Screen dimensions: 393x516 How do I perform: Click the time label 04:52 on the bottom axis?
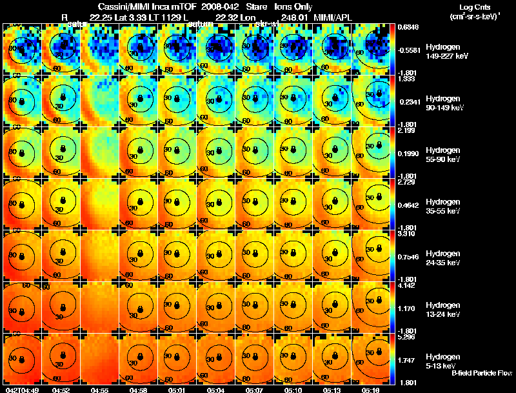(61, 390)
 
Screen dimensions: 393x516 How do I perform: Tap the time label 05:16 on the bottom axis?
(371, 390)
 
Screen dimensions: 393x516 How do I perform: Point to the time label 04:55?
(100, 390)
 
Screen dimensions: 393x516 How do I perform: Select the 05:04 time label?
(216, 390)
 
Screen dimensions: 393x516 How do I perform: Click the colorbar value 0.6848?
(408, 26)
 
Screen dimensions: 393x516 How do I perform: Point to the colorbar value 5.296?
(406, 336)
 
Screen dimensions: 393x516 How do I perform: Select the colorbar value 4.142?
(406, 285)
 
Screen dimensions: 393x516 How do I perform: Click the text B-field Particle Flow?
(482, 373)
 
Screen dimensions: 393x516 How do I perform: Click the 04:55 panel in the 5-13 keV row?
(100, 359)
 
